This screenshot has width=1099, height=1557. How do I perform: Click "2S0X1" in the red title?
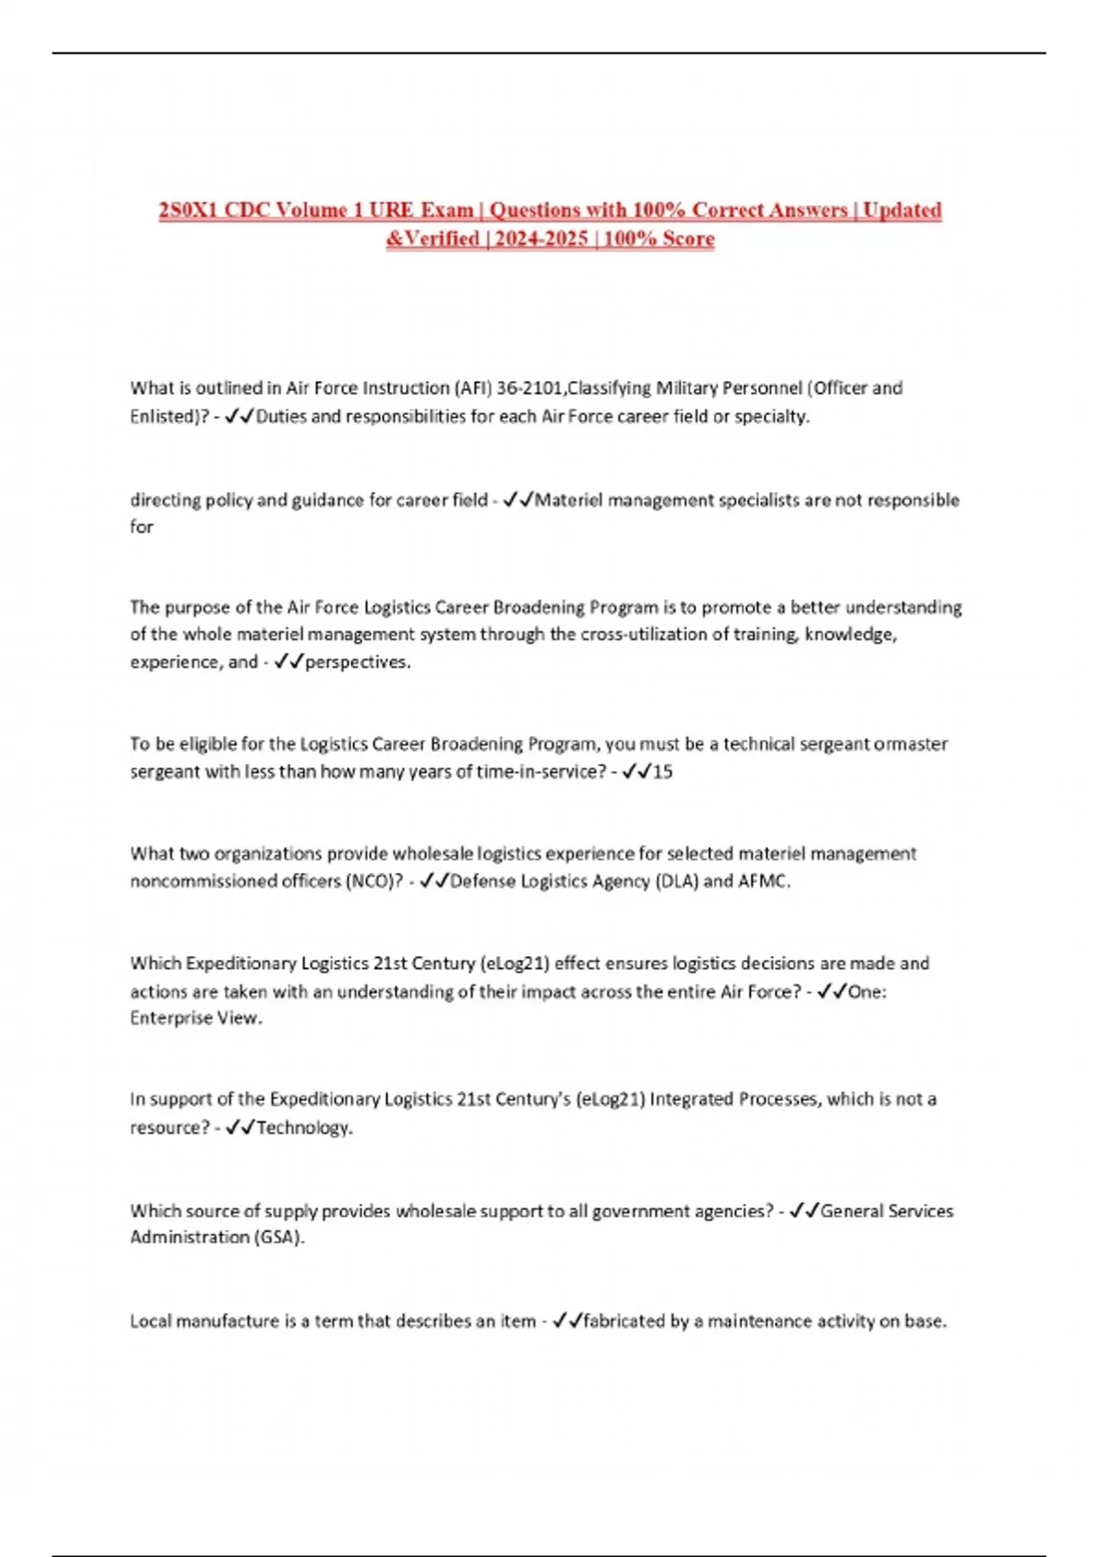click(189, 211)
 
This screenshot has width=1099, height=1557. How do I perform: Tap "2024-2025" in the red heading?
click(541, 239)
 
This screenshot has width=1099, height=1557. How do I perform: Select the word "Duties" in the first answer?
click(281, 417)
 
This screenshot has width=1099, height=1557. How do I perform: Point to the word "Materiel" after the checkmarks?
click(569, 500)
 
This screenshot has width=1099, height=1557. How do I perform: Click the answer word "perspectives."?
click(358, 662)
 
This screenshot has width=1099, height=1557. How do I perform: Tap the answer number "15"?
click(662, 772)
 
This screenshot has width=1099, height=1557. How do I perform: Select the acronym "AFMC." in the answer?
click(765, 881)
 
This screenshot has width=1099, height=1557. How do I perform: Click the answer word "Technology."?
click(305, 1127)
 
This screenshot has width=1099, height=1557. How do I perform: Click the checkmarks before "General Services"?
click(803, 1211)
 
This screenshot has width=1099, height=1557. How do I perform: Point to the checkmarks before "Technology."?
click(239, 1127)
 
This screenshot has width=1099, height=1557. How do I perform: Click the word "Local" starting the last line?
click(150, 1321)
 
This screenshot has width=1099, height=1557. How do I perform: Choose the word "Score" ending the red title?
click(687, 239)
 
